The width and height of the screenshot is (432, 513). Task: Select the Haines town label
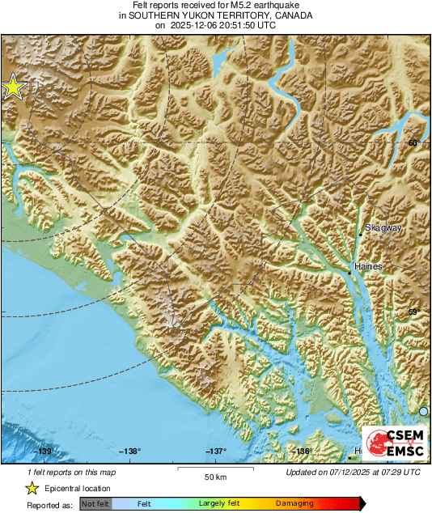coord(368,265)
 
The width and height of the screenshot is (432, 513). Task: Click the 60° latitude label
coord(413,143)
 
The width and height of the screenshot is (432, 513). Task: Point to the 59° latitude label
coord(413,312)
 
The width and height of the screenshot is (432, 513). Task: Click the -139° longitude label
coord(43,452)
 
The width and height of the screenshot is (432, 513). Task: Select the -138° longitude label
coord(129,452)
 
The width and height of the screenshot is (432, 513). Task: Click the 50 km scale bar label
coord(214,475)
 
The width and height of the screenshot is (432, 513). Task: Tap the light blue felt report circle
coord(423,412)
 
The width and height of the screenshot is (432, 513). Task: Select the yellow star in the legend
coord(32,488)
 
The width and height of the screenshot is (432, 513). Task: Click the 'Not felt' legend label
coord(95,503)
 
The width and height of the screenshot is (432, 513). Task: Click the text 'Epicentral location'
coord(78,488)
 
